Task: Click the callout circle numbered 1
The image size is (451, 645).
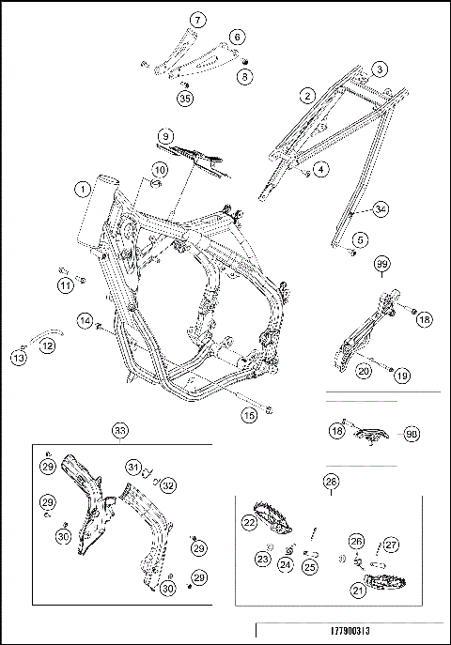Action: pyautogui.click(x=84, y=189)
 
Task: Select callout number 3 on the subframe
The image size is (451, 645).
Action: pyautogui.click(x=379, y=69)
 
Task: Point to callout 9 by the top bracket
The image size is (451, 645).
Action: pyautogui.click(x=164, y=137)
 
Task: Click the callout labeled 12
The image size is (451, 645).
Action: pyautogui.click(x=47, y=346)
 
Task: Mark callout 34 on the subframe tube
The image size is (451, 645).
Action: pyautogui.click(x=380, y=208)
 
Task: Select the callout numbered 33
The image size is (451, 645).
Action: pyautogui.click(x=119, y=430)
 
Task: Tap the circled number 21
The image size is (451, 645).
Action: pyautogui.click(x=358, y=591)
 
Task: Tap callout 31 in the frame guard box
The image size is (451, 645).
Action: pyautogui.click(x=134, y=468)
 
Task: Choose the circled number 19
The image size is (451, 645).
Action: pyautogui.click(x=402, y=376)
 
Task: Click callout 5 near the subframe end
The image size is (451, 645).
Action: pyautogui.click(x=358, y=241)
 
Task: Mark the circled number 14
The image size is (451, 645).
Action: pyautogui.click(x=85, y=322)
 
